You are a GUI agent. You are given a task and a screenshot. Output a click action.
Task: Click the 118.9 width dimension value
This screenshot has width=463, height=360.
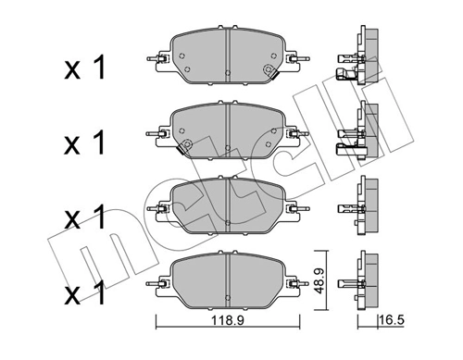pos(228,321)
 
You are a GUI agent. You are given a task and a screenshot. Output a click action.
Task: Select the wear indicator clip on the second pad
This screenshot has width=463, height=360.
pos(183,145)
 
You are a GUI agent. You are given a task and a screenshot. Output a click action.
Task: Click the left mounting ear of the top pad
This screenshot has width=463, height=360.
pos(158,64)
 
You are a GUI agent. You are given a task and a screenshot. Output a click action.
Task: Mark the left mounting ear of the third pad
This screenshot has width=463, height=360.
pos(158,213)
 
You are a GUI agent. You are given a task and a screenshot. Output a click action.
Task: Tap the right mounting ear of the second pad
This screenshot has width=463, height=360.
pos(297,133)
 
